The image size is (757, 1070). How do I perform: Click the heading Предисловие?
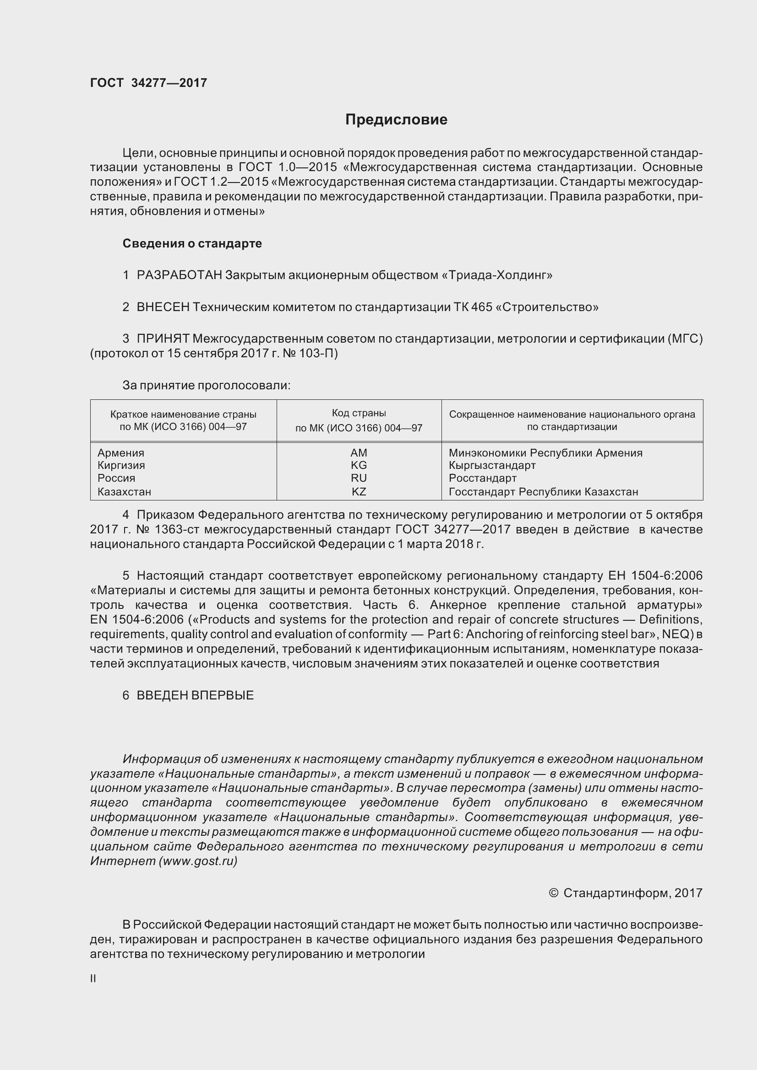pos(396,120)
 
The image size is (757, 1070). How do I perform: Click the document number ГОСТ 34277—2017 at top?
pos(148,83)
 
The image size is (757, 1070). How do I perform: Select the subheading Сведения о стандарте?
pos(192,243)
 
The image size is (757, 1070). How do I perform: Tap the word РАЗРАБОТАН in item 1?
pos(179,275)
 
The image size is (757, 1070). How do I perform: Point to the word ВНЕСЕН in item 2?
pos(163,307)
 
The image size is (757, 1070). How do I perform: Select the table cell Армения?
pos(121,452)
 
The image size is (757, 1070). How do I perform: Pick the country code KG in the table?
pos(359,465)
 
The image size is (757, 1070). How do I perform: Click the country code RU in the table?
pos(359,478)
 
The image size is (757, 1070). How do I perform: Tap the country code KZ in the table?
pos(359,491)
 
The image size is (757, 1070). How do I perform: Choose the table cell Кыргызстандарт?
pos(492,465)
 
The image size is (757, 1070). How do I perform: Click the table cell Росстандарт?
pos(482,478)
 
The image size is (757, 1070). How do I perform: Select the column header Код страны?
pos(359,413)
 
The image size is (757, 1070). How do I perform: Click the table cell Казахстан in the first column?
pos(124,491)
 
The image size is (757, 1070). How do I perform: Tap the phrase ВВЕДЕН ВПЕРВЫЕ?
pos(195,695)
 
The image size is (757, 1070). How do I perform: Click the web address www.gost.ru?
pos(198,861)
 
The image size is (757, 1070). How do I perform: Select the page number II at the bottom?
pos(93,979)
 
